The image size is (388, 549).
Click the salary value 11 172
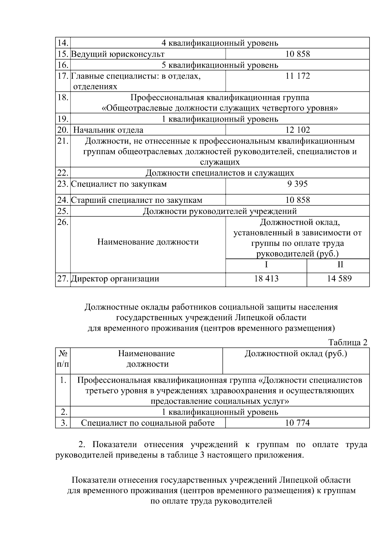tap(297, 76)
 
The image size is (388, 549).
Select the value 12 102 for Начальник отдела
tap(297, 130)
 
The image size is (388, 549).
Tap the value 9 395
tap(297, 184)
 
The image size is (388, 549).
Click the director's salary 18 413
tap(266, 279)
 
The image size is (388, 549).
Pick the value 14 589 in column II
tap(339, 279)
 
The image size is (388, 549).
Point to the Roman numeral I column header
tap(266, 265)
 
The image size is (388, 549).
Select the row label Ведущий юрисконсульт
tap(118, 54)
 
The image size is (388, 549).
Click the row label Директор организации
tap(115, 279)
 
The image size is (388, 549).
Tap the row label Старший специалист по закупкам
tap(137, 200)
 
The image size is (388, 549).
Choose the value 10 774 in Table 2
tap(297, 423)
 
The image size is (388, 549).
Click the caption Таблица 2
tap(348, 342)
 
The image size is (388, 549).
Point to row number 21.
tap(63, 141)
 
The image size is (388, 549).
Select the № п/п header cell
tap(63, 359)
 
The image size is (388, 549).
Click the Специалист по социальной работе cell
tap(148, 423)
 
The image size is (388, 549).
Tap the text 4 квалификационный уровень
tap(220, 43)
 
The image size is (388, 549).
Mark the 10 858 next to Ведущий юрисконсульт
tap(297, 54)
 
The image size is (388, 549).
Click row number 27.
tap(63, 279)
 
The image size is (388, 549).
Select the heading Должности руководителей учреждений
tap(220, 211)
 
